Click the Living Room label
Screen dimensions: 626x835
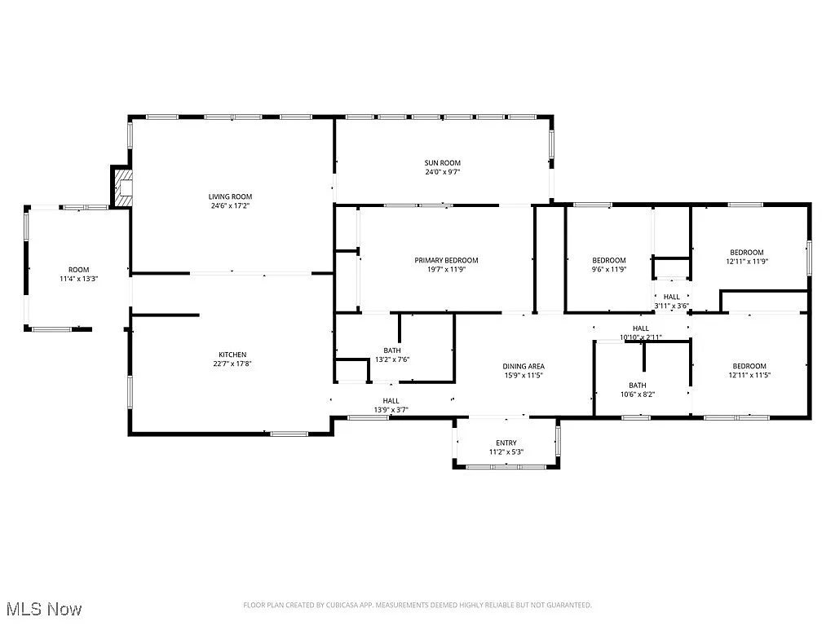(230, 196)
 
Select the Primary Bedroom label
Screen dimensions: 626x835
(446, 260)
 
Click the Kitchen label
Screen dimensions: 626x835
(232, 355)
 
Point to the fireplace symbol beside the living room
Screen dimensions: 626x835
(122, 188)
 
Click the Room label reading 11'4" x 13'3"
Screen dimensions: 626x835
(78, 270)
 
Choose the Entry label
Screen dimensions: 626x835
(506, 443)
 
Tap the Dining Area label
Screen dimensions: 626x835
(523, 366)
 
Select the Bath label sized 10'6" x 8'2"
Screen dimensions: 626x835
(637, 386)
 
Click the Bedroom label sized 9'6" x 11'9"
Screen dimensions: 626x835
(608, 260)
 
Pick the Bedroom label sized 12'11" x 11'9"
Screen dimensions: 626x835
(746, 252)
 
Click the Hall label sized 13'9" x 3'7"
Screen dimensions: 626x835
(391, 400)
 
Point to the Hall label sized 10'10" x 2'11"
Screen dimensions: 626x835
(640, 328)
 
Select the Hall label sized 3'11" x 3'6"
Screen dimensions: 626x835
(671, 297)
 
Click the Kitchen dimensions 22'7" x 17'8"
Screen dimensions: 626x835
(232, 364)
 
